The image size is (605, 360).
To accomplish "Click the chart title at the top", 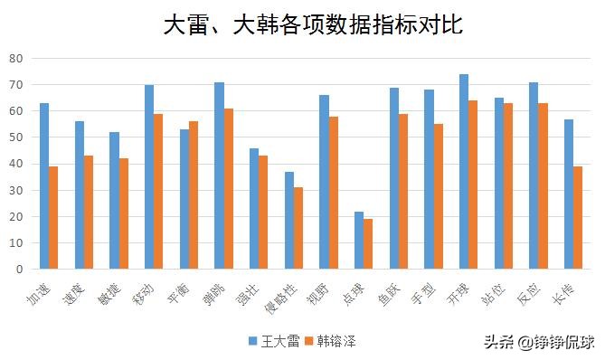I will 313,24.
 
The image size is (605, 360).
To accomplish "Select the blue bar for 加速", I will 44,185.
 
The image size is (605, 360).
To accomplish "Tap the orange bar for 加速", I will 53,217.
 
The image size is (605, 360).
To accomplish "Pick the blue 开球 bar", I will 463,172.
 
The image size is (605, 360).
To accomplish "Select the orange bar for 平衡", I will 194,194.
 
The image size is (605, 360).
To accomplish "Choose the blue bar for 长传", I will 568,194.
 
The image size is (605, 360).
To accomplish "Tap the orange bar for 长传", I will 577,217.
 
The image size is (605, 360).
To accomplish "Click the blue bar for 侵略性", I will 289,220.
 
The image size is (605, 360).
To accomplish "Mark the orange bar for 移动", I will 158,191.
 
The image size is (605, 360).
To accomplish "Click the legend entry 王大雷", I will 273,341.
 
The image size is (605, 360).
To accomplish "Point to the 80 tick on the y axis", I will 16,59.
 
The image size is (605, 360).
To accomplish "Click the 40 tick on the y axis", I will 16,164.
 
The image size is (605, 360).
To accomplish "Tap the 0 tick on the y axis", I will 19,269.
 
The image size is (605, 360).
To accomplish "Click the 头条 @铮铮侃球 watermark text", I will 538,342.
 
